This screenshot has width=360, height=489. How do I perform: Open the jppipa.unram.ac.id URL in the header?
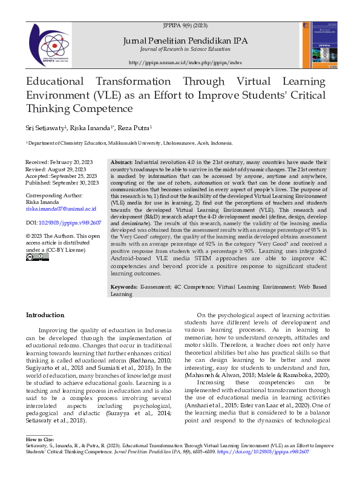(x=185, y=63)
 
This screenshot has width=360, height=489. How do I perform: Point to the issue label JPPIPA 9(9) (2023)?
(x=185, y=26)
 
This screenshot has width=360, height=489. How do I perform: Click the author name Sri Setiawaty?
(x=45, y=128)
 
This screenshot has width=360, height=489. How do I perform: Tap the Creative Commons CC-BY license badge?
(x=38, y=257)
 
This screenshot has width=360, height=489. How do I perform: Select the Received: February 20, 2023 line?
(x=59, y=163)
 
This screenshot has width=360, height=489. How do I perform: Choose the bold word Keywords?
(x=124, y=286)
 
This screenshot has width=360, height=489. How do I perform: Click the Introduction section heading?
(x=45, y=315)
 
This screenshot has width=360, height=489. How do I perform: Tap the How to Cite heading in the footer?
(x=40, y=455)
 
